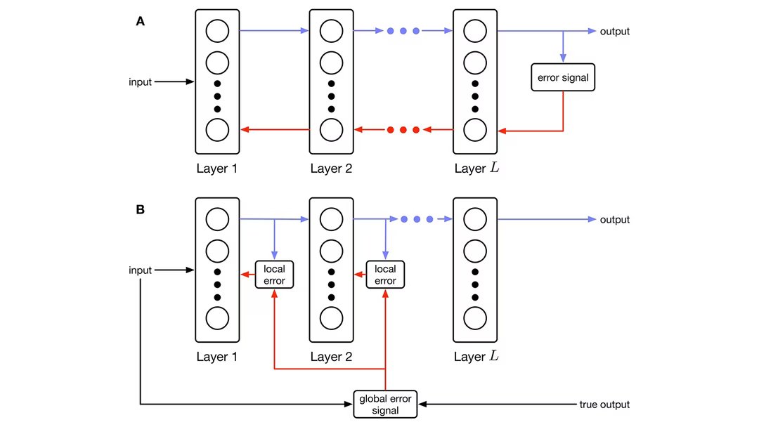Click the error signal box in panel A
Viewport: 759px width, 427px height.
click(563, 77)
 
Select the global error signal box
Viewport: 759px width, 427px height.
click(384, 405)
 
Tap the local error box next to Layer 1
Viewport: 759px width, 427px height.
click(273, 275)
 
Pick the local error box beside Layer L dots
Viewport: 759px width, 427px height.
click(385, 275)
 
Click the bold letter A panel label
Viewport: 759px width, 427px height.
click(140, 22)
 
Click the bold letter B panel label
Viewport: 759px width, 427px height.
click(140, 209)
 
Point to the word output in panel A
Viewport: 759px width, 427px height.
click(614, 32)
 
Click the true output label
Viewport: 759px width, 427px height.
click(604, 405)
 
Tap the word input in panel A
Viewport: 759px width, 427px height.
click(141, 82)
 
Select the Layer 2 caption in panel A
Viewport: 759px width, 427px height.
click(331, 169)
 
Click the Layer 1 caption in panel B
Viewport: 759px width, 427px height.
click(216, 357)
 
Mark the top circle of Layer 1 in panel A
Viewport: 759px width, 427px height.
click(217, 32)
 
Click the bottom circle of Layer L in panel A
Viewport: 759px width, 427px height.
click(475, 131)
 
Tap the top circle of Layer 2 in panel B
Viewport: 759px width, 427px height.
click(331, 220)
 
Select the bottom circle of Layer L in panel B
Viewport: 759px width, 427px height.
click(475, 318)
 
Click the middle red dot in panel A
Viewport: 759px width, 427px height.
click(403, 130)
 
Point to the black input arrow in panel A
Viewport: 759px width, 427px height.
click(174, 82)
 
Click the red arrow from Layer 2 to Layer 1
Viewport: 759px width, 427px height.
click(275, 130)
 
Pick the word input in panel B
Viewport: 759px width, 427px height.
click(141, 270)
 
